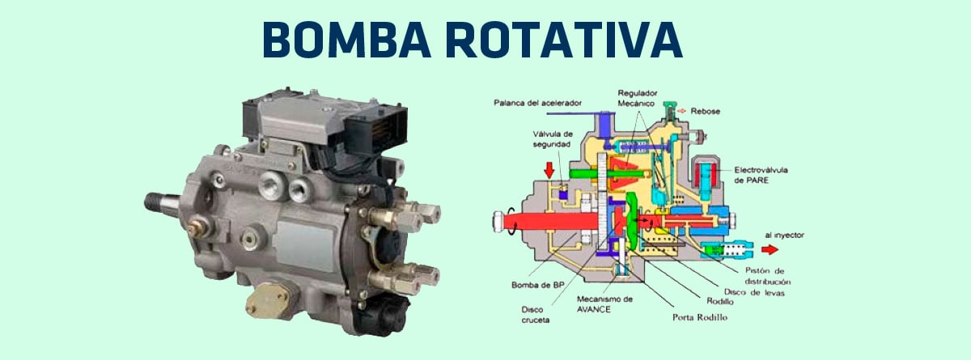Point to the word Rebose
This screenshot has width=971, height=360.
pos(707,110)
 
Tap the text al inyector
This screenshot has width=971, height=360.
pos(783,236)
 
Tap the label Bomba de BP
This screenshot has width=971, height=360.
pos(532,285)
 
